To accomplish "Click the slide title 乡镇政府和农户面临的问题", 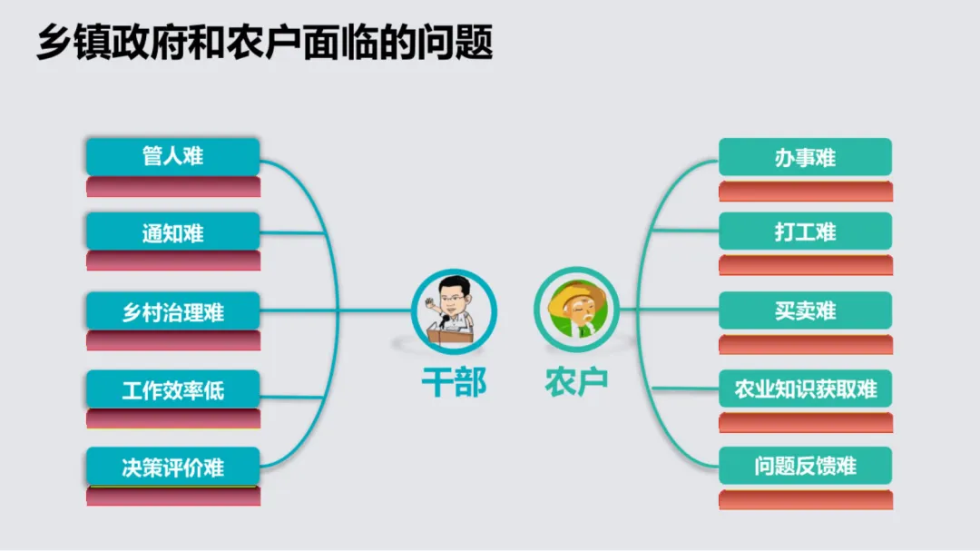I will [264, 43].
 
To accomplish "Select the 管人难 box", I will [172, 156].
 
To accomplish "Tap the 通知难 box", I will [172, 233].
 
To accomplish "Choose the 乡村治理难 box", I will [172, 312].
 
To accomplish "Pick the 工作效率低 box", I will [172, 390].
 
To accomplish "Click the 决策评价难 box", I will [172, 467].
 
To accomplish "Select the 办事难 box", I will [805, 157].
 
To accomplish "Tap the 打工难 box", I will [805, 231].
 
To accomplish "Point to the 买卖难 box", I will [805, 310].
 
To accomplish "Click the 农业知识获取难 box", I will [805, 389].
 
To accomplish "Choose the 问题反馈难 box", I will [805, 467].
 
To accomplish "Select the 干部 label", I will [454, 382].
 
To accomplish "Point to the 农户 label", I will [576, 380].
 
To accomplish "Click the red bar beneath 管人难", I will [172, 187].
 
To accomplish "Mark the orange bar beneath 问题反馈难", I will [805, 499].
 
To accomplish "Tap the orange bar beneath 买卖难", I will [805, 344].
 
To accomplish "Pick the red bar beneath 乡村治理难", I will [172, 341].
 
